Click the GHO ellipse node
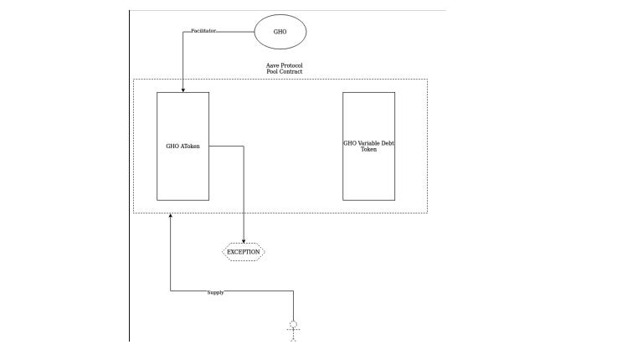(280, 32)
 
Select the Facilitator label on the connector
(203, 31)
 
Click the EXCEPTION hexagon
(244, 251)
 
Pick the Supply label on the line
(215, 292)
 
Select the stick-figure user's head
(293, 323)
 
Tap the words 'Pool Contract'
(279, 72)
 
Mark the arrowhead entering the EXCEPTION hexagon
(244, 240)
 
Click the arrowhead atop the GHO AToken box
(183, 89)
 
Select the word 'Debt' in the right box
(386, 143)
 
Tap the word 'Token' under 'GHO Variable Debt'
(368, 150)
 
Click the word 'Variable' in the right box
(367, 143)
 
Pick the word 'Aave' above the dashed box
(264, 65)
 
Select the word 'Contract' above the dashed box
(289, 72)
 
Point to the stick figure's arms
(293, 331)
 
